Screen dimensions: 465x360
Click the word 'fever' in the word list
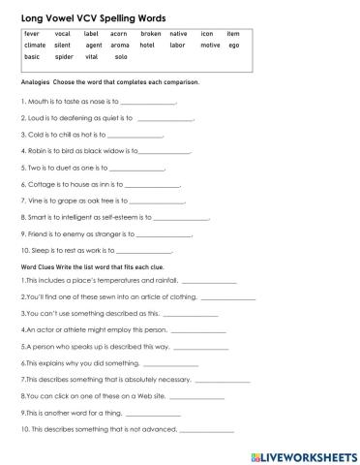(32, 34)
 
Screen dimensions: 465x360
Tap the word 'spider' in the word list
(64, 57)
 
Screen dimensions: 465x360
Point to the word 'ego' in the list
(232, 46)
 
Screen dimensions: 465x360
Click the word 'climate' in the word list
(35, 46)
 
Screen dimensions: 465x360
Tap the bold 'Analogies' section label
(37, 82)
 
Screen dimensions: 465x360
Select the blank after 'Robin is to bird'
(165, 152)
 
